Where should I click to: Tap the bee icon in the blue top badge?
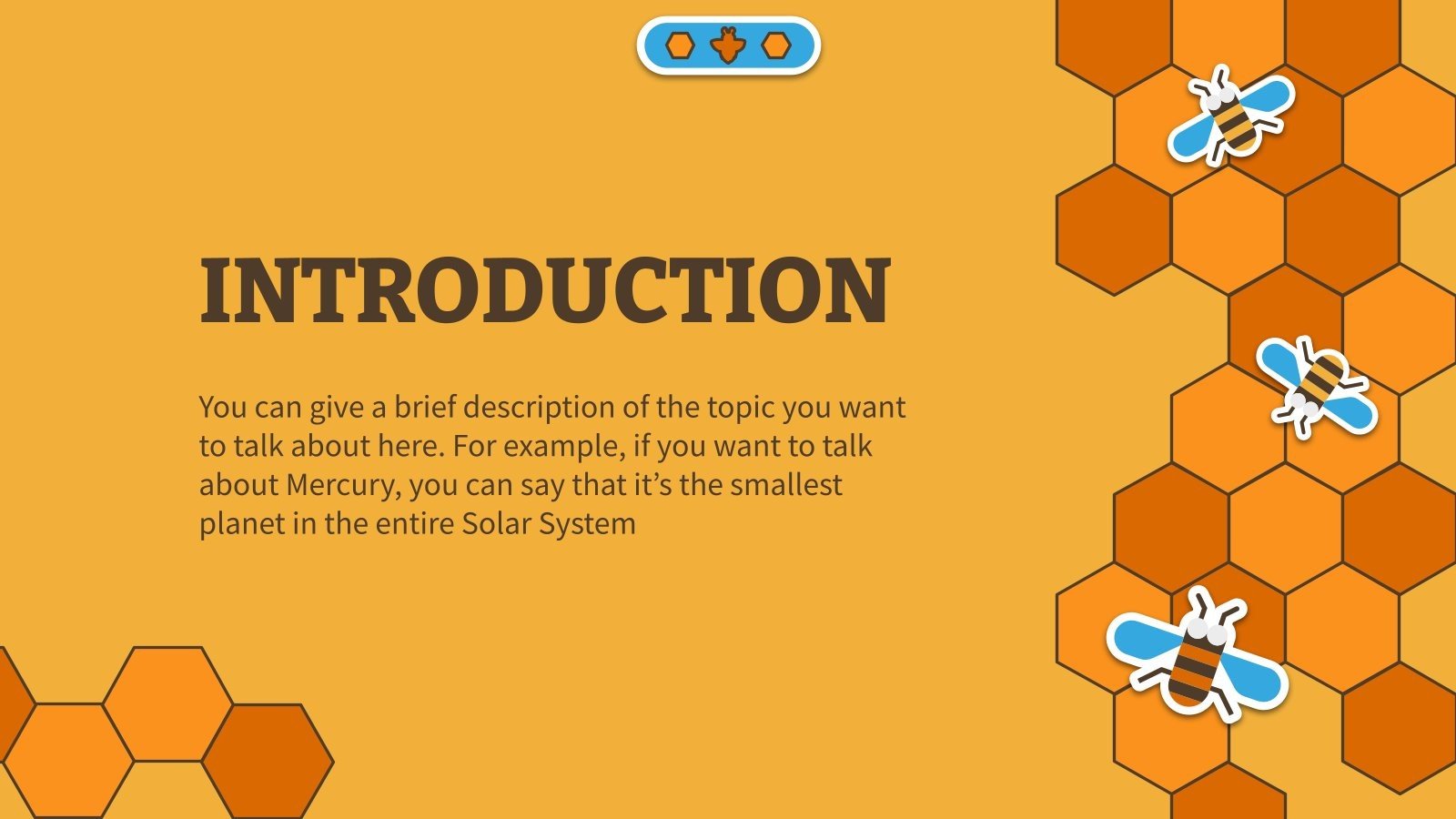(x=728, y=45)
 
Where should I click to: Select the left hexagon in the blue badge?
(x=680, y=45)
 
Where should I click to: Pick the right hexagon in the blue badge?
(x=776, y=45)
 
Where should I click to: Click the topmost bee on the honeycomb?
(x=1230, y=115)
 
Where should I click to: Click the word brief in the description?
(x=425, y=407)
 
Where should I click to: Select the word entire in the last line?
(x=417, y=524)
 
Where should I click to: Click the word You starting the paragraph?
(x=222, y=407)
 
